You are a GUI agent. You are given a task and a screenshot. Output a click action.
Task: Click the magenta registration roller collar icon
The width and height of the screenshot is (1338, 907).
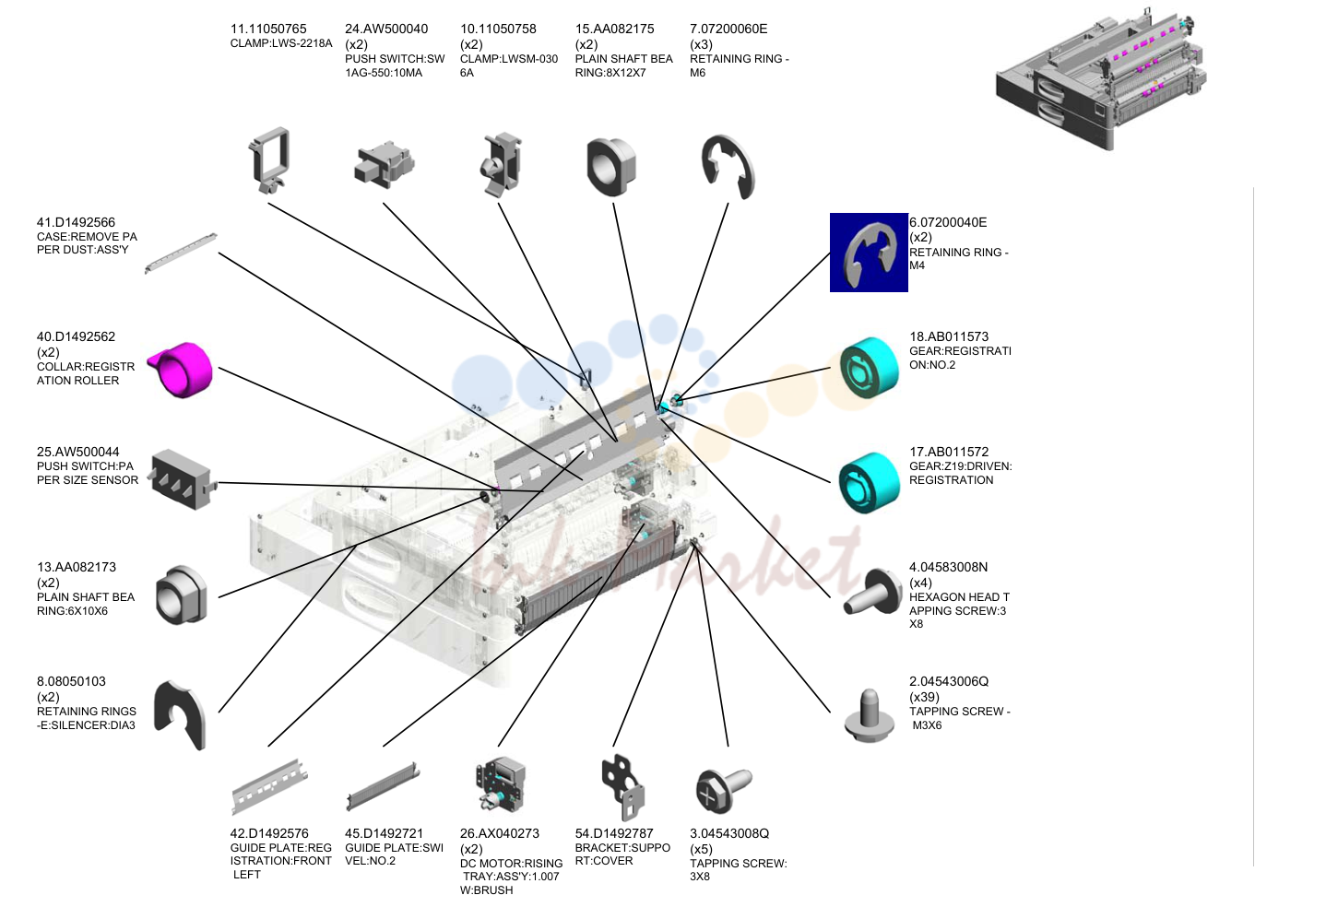(181, 370)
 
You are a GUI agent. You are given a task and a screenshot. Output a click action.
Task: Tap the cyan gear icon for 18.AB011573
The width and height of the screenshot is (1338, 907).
(870, 367)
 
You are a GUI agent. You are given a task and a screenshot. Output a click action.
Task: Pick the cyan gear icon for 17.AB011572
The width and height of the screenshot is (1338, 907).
(870, 482)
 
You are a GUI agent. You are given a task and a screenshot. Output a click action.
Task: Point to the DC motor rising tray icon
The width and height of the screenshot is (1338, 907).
(500, 783)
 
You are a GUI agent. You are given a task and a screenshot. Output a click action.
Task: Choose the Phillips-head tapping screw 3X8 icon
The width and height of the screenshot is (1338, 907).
(724, 790)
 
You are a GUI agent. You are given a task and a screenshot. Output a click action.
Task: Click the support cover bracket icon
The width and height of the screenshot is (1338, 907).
(623, 787)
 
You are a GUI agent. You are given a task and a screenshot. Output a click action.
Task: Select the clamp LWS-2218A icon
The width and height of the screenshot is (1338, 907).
(269, 160)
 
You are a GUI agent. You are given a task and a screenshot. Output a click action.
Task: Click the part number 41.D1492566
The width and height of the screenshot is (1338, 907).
(76, 222)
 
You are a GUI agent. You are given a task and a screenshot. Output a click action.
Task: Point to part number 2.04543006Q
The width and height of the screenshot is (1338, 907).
(949, 681)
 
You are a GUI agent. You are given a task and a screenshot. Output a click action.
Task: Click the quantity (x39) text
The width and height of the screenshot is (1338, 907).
(924, 697)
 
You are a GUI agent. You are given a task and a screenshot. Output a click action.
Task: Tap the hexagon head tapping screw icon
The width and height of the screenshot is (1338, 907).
(872, 593)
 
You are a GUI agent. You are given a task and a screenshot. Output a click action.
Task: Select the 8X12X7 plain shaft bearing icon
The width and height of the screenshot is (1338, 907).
(611, 167)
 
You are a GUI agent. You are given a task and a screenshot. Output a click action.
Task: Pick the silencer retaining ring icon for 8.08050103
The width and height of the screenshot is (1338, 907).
(180, 714)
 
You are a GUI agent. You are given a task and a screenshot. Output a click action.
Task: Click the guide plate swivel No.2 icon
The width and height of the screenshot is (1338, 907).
(383, 785)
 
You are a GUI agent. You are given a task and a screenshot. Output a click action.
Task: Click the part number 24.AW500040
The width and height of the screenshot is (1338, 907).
(386, 29)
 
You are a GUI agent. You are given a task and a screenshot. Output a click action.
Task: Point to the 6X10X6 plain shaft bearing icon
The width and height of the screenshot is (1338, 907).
(182, 595)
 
